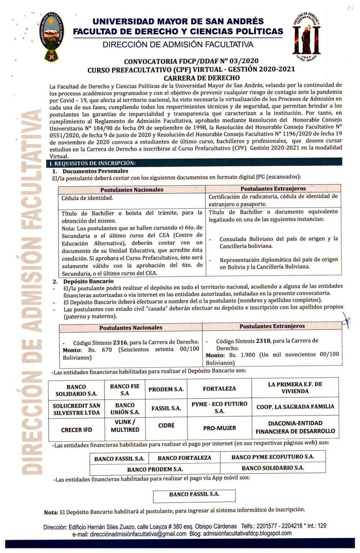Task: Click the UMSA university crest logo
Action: pyautogui.click(x=51, y=37)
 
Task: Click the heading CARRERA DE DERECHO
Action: pyautogui.click(x=202, y=78)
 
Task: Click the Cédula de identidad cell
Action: pyautogui.click(x=87, y=198)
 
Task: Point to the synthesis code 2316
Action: pyautogui.click(x=120, y=342)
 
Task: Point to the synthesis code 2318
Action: pyautogui.click(x=263, y=341)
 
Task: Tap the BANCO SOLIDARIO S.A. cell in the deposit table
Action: pyautogui.click(x=76, y=390)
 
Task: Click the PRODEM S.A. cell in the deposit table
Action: pyautogui.click(x=166, y=389)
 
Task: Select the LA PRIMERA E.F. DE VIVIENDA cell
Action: pyautogui.click(x=295, y=387)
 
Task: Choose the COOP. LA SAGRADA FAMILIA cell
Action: pyautogui.click(x=295, y=407)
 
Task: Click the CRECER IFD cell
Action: pyautogui.click(x=76, y=430)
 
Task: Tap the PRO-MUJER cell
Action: pyautogui.click(x=220, y=428)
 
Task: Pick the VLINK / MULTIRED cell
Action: pyautogui.click(x=125, y=426)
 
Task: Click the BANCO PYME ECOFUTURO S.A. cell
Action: pyautogui.click(x=273, y=457)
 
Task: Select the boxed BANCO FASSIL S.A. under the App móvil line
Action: pyautogui.click(x=194, y=494)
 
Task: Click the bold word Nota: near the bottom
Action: pyautogui.click(x=51, y=512)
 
